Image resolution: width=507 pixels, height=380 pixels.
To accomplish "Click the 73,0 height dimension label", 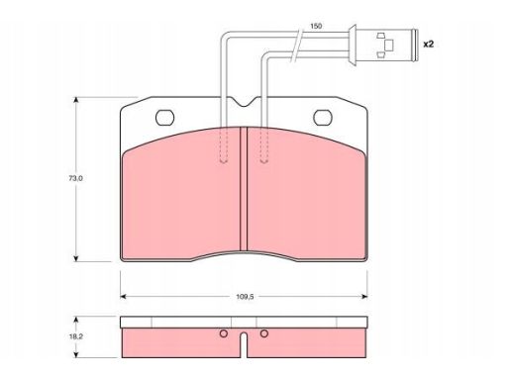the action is pyautogui.click(x=75, y=178).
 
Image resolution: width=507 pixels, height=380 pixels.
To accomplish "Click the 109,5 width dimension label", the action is pyautogui.click(x=245, y=297).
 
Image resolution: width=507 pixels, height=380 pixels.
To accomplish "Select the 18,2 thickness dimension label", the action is pyautogui.click(x=75, y=336).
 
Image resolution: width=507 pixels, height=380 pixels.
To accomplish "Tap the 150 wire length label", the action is pyautogui.click(x=316, y=26).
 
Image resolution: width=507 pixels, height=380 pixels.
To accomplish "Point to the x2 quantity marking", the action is pyautogui.click(x=429, y=44).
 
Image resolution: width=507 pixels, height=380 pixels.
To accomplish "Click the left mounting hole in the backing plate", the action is pyautogui.click(x=164, y=118).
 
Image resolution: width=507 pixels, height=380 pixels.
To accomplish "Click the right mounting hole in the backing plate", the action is pyautogui.click(x=323, y=118).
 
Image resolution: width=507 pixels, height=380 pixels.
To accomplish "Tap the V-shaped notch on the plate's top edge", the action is pyautogui.click(x=244, y=102).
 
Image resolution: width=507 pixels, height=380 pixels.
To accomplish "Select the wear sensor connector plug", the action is pyautogui.click(x=383, y=45).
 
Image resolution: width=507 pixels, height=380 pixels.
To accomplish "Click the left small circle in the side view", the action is pyautogui.click(x=224, y=333).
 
